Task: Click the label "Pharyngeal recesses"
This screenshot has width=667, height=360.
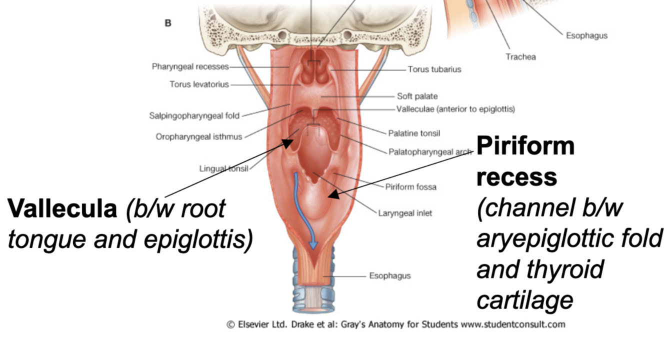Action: point(190,66)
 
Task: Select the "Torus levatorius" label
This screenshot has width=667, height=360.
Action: point(199,84)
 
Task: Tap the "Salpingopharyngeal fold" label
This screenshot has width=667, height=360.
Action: point(194,116)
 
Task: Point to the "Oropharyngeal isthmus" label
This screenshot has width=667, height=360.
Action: point(199,136)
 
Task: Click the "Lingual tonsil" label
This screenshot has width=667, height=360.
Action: point(223,168)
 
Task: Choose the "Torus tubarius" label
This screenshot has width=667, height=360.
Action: point(434,69)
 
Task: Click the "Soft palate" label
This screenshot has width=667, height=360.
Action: point(417,96)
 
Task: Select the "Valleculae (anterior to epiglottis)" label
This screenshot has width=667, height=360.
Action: point(455,108)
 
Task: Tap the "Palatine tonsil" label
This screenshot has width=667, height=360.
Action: point(414,133)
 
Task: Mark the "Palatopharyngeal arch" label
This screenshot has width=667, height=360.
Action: point(429,151)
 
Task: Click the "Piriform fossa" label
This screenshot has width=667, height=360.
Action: point(410,187)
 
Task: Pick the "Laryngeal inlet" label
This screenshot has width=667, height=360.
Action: point(404,213)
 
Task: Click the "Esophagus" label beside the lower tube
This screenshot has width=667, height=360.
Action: point(389,275)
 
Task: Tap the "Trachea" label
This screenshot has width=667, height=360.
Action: point(520,57)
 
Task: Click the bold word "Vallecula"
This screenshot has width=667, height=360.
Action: point(62,208)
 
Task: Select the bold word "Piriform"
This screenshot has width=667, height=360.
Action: point(525,146)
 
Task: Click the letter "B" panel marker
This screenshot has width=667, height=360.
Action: point(168,23)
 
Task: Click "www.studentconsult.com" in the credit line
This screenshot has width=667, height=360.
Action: point(512,324)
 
